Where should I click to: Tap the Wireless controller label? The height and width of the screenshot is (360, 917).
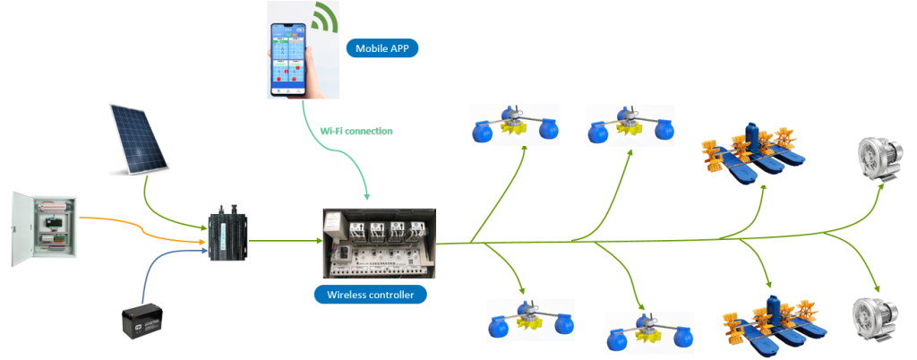pyautogui.click(x=370, y=294)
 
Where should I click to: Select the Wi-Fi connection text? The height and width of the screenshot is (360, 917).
pyautogui.click(x=356, y=131)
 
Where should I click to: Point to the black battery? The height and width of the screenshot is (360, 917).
pyautogui.click(x=146, y=321)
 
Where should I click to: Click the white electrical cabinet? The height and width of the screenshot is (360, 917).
pyautogui.click(x=44, y=227)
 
